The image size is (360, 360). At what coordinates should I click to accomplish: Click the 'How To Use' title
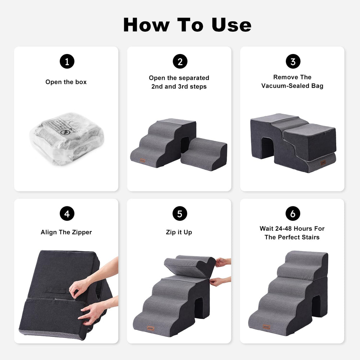[x=187, y=24]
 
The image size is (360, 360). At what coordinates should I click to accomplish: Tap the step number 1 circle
[x=67, y=62]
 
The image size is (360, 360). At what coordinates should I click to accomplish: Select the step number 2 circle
[x=180, y=62]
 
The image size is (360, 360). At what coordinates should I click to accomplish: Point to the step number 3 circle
[x=293, y=62]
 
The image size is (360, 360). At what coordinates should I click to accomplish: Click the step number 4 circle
[x=67, y=214]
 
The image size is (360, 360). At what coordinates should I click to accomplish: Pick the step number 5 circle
[x=180, y=214]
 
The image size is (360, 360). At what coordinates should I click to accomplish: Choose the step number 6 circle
[x=293, y=214]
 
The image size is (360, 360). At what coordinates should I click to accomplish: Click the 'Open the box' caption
[x=66, y=82]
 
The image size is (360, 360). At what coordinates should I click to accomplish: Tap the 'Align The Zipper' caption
[x=66, y=232]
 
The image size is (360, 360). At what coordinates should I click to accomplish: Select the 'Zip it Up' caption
[x=179, y=232]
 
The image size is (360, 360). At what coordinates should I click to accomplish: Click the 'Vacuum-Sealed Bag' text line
[x=292, y=86]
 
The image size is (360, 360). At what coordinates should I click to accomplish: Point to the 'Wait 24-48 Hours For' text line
[x=292, y=229]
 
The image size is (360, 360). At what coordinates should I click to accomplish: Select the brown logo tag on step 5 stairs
[x=151, y=328]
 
